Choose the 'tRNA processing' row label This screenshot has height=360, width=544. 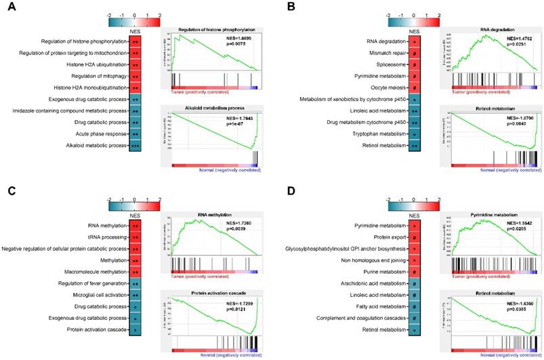(x=102, y=237)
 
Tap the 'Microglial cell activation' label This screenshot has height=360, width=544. (x=93, y=296)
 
